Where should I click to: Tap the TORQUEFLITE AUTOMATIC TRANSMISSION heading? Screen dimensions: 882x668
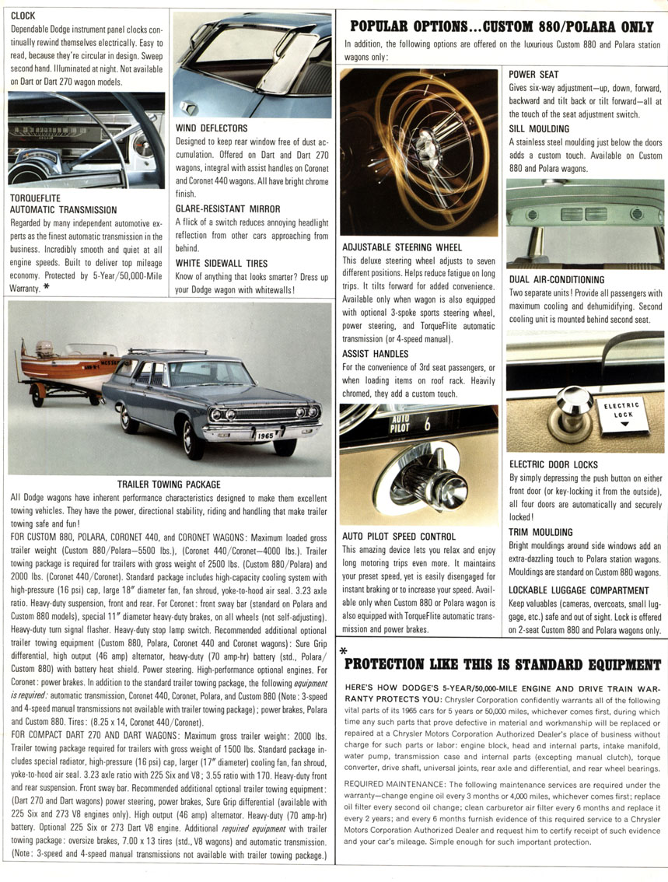[62, 204]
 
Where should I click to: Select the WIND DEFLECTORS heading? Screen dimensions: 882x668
[212, 128]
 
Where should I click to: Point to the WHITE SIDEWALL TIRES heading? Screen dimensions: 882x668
[222, 264]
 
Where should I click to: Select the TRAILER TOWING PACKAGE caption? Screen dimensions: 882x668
[169, 485]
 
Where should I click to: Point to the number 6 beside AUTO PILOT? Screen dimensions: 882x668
[427, 425]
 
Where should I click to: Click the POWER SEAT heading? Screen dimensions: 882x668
[533, 75]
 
